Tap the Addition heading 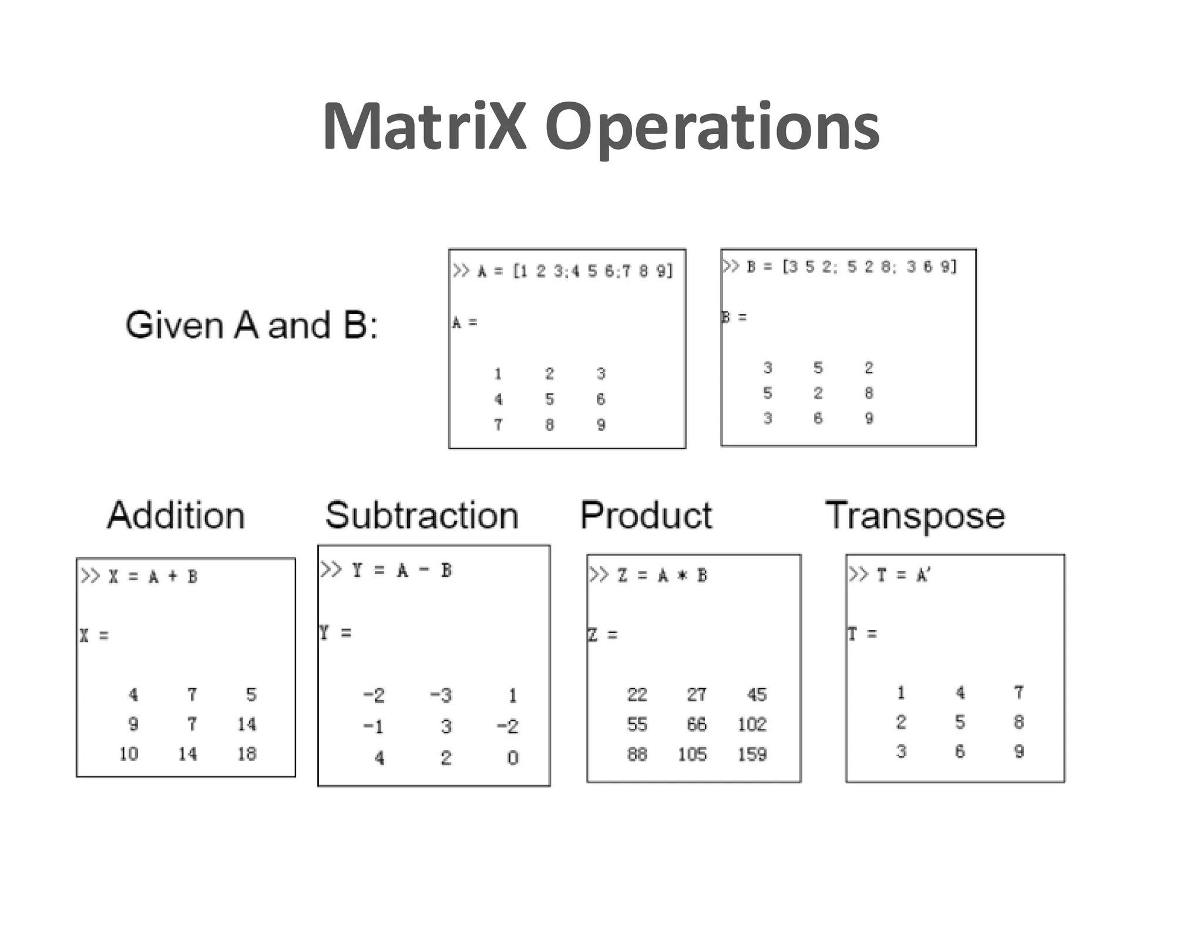176,516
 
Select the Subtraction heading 422,516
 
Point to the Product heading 646,516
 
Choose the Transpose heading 915,516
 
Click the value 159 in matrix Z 752,754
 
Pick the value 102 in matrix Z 752,724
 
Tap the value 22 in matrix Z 637,695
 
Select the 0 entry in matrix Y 513,758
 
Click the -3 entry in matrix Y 441,695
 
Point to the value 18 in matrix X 247,753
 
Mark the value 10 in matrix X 129,753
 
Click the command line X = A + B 139,577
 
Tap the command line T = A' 889,575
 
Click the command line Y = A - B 386,570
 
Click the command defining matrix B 839,267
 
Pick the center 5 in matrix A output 549,399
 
